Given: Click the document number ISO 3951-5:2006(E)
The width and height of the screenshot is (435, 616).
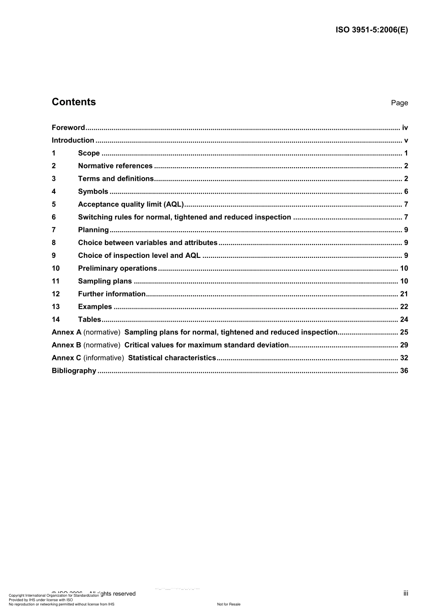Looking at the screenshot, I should click(371, 30).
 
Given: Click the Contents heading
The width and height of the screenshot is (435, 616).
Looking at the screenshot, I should click(74, 102).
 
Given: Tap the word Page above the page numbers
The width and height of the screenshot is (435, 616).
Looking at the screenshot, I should click(399, 103).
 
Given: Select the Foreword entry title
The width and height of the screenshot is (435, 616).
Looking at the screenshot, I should click(68, 128).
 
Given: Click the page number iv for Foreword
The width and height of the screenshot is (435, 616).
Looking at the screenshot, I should click(405, 128).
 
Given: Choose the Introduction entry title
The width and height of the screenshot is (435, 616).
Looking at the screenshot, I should click(73, 141).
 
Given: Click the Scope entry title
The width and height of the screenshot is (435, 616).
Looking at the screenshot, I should click(89, 153).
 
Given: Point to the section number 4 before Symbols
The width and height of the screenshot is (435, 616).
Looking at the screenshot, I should click(54, 192).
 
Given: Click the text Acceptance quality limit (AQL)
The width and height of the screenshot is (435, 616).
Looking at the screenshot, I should click(130, 205).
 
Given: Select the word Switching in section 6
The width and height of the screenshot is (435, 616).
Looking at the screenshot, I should click(94, 218).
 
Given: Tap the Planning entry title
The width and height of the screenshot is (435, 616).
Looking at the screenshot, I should click(93, 230).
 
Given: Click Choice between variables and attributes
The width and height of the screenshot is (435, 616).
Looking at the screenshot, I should click(147, 243).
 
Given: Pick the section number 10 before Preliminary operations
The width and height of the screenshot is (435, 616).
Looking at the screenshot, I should click(55, 269).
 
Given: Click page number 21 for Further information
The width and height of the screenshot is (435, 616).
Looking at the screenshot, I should click(404, 294).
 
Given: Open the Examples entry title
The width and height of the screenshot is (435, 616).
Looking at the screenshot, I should click(95, 307).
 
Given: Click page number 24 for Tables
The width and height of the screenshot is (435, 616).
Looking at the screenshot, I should click(404, 320).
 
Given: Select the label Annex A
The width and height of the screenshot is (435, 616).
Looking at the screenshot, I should click(66, 333).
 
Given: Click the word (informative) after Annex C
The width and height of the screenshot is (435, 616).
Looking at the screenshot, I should click(103, 358).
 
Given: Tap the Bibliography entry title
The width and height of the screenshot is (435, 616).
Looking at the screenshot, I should click(74, 371).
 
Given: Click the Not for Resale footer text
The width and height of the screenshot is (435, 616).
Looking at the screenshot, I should click(228, 604).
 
